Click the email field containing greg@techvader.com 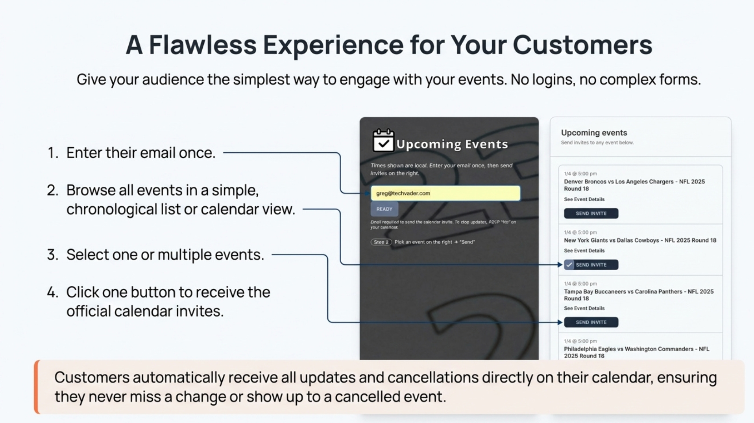[x=445, y=193]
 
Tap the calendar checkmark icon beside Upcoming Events [x=383, y=141]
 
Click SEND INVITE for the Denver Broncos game [x=591, y=213]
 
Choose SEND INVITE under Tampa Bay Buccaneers [x=591, y=322]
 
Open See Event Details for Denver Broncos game [x=584, y=199]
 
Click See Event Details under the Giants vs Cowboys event [x=584, y=250]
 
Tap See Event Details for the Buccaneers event [x=584, y=308]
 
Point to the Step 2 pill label [x=381, y=242]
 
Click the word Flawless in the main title [x=202, y=45]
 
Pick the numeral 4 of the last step [x=52, y=292]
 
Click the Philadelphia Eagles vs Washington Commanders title [x=636, y=352]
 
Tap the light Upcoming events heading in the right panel [x=594, y=133]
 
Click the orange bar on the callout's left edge [x=37, y=387]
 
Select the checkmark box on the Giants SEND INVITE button [x=569, y=265]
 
